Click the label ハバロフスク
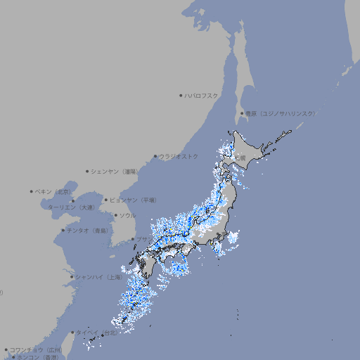[x=202, y=96]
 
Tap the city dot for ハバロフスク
[x=181, y=96]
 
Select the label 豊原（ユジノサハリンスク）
[x=280, y=113]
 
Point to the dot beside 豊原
[x=242, y=113]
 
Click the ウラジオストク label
[x=179, y=156]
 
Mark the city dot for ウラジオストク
[x=156, y=157]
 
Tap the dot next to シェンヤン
[x=88, y=171]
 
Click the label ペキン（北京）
[x=54, y=191]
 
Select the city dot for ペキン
[x=32, y=191]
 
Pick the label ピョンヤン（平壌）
[x=134, y=200]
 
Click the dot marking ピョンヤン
[x=107, y=200]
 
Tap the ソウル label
[x=127, y=215]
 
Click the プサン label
[x=143, y=239]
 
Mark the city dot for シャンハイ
[x=71, y=277]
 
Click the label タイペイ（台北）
[x=97, y=332]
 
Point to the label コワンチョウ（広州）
[x=36, y=349]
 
